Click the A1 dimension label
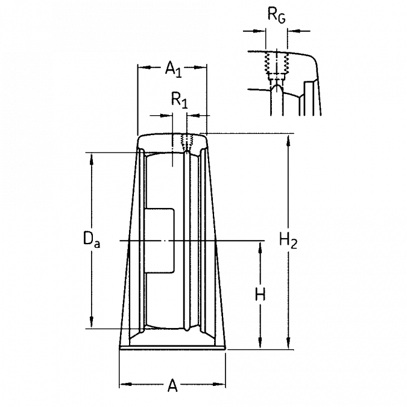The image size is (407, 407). [174, 69]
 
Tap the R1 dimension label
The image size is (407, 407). [179, 100]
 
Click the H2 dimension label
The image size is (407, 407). [288, 241]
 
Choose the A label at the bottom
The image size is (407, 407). [172, 385]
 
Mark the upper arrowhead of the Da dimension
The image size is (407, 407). [92, 159]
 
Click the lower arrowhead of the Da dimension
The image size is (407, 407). [92, 323]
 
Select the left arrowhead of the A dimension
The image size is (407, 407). [125, 384]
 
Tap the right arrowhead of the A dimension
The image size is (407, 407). [219, 384]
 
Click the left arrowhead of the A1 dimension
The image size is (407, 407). [144, 68]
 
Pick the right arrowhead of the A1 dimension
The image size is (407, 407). [201, 68]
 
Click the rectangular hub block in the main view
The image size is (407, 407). [159, 241]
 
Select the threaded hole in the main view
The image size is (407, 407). [187, 142]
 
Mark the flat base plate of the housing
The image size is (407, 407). [172, 347]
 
